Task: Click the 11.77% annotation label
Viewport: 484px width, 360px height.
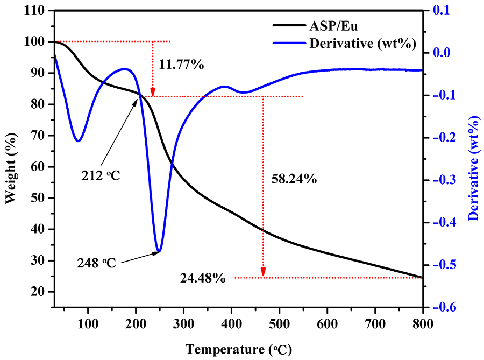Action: (181, 65)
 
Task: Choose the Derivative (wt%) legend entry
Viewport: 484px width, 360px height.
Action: (362, 44)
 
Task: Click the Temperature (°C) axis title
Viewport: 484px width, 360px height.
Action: (239, 350)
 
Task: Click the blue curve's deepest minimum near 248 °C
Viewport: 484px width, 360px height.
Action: (158, 251)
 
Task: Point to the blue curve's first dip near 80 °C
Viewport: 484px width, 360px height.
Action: (79, 141)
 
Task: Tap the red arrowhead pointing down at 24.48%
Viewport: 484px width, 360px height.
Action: (263, 273)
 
